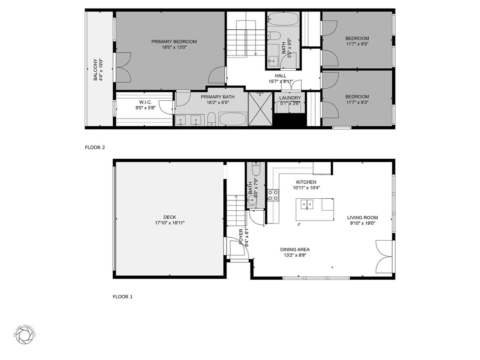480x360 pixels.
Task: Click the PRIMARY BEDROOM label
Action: [x=174, y=41]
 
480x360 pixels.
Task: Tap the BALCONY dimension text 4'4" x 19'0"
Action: [x=101, y=69]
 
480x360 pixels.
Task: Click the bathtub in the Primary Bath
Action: [x=233, y=119]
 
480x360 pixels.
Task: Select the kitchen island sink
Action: [x=307, y=205]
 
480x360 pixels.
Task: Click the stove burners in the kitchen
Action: [x=273, y=195]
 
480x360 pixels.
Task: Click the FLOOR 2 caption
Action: [x=95, y=148]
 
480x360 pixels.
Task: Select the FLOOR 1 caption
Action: [x=122, y=296]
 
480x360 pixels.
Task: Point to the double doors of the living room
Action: [x=384, y=256]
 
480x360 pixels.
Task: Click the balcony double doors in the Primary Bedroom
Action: [x=123, y=67]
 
